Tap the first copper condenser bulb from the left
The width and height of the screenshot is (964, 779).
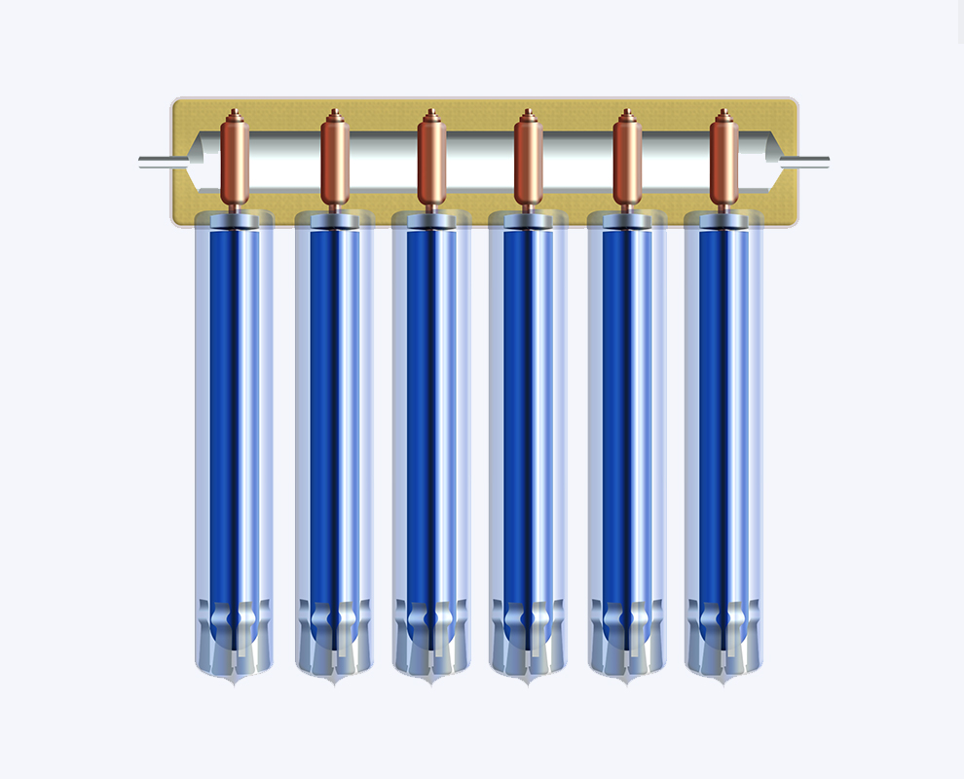coord(235,161)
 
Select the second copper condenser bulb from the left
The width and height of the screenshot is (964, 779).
coord(335,161)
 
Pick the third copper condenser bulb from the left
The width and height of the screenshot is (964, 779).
coord(431,161)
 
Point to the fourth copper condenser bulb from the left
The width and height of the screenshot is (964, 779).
coord(528,161)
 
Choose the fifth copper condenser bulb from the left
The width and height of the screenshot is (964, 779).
coord(627,161)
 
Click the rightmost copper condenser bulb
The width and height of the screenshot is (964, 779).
coord(723,161)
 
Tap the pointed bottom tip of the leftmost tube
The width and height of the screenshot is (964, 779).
coord(235,683)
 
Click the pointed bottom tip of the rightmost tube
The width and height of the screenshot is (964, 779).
coord(723,683)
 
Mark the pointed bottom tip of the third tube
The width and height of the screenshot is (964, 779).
coord(431,683)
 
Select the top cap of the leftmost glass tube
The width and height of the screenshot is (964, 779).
coord(235,221)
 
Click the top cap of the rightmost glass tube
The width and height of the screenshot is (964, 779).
coord(723,221)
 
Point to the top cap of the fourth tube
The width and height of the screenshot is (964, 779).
coord(528,221)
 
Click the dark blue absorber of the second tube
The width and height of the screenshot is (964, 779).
coord(324,409)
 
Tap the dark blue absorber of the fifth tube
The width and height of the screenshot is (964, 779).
coord(616,409)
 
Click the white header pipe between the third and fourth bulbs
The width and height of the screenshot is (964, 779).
coord(479,161)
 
